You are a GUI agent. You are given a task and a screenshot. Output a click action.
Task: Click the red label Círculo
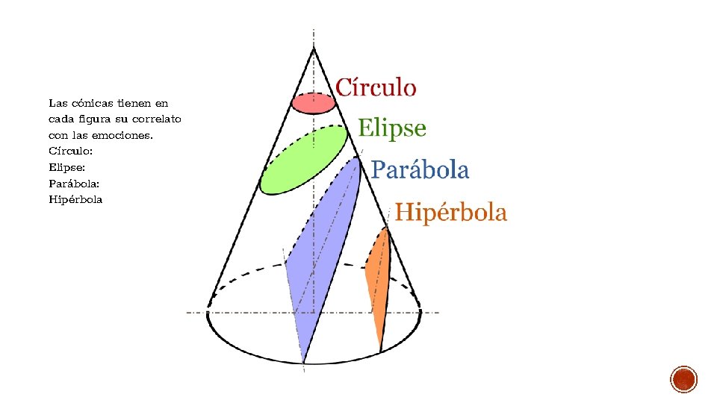click(376, 87)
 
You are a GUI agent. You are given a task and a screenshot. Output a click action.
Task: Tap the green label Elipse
click(392, 128)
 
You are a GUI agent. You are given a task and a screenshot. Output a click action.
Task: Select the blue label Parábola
click(420, 170)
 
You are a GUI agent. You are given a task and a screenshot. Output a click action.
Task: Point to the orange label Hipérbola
click(450, 213)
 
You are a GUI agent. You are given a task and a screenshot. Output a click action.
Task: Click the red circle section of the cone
click(312, 103)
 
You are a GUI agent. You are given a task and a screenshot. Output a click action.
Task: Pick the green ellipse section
click(302, 159)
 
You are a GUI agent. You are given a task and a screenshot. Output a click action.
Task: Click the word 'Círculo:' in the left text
click(70, 151)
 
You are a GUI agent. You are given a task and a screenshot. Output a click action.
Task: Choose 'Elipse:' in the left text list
click(67, 168)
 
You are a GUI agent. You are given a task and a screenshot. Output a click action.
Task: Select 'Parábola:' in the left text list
click(74, 184)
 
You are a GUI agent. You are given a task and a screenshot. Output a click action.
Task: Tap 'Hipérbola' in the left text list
click(75, 200)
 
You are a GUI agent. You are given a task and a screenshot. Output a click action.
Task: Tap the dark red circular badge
click(684, 379)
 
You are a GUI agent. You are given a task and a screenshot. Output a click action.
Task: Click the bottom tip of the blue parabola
click(303, 362)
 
